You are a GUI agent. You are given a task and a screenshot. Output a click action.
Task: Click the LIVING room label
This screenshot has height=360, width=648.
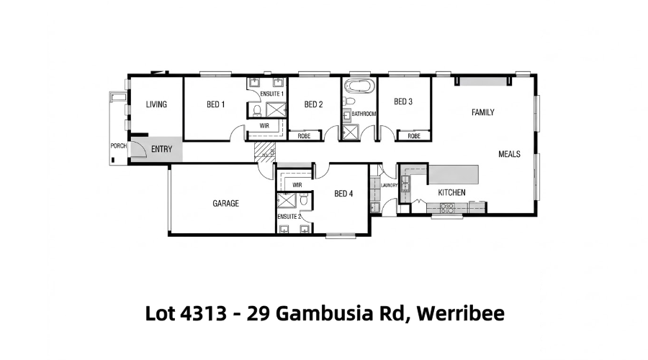156,104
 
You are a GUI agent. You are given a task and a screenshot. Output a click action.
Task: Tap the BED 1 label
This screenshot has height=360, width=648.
216,104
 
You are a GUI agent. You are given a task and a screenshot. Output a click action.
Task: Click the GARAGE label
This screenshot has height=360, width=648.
225,203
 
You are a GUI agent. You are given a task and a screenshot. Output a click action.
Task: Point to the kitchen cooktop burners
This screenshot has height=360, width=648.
447,208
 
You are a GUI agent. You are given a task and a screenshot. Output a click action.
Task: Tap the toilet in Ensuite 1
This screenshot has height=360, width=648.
256,110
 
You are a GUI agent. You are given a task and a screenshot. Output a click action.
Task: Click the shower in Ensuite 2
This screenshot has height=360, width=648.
286,200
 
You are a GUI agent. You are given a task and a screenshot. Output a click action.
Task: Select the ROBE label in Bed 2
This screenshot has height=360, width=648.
304,136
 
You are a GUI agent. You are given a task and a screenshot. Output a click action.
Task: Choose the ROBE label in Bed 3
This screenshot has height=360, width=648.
414,136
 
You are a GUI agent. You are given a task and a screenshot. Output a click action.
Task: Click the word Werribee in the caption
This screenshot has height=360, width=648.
460,313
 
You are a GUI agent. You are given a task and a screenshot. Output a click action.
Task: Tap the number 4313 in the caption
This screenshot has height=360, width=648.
203,313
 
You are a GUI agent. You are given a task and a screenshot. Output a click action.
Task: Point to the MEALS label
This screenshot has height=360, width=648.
509,154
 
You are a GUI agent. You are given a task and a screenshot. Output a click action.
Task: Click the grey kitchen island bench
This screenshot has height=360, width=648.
454,174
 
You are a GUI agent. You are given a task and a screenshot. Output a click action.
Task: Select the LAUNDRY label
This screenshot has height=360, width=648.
389,185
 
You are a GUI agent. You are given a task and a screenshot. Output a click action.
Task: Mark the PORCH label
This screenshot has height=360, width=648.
119,146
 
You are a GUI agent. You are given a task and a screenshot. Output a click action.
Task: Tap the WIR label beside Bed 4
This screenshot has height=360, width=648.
297,185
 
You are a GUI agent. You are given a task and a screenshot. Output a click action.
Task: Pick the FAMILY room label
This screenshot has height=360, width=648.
482,112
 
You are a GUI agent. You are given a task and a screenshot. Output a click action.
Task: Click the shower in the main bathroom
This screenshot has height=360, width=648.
351,132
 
